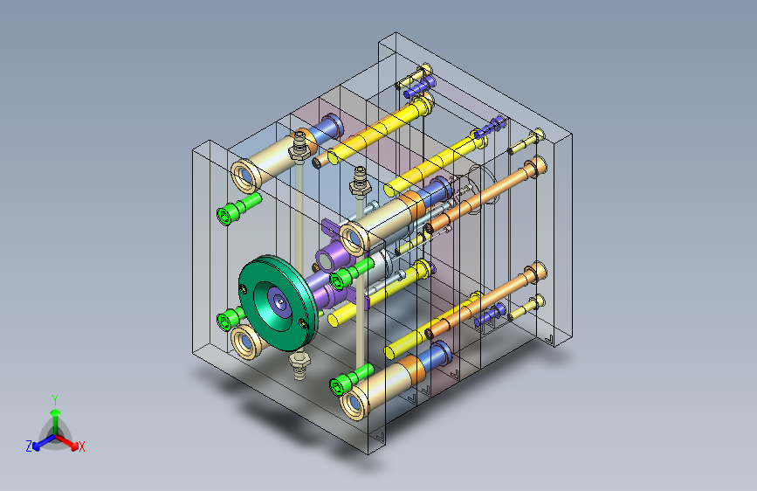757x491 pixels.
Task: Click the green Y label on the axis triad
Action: (55, 400)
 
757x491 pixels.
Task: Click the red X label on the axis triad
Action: (81, 446)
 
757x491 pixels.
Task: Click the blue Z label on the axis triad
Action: (29, 446)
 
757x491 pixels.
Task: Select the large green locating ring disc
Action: (279, 303)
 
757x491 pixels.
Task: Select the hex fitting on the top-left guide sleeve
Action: (299, 146)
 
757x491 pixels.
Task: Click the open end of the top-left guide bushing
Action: (245, 176)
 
